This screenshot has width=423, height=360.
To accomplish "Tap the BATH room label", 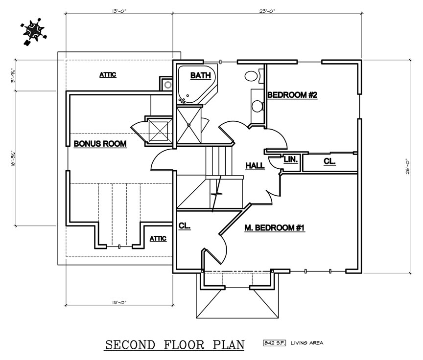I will (x=200, y=75).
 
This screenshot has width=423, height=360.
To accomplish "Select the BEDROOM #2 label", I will (x=292, y=95).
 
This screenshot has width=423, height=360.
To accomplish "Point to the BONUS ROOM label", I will (x=100, y=144).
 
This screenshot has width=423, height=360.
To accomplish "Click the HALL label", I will (x=255, y=166).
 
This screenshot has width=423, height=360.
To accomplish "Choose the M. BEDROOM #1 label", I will (x=274, y=227).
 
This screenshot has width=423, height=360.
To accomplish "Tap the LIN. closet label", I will (x=290, y=159).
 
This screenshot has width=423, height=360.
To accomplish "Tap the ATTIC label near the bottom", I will (x=158, y=238).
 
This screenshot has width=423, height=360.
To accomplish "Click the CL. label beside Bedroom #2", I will (x=329, y=161).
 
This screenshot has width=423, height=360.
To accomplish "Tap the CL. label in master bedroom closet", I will (x=184, y=226).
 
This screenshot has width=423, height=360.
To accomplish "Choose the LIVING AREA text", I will (x=306, y=343).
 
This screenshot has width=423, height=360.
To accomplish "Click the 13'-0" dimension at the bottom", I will (x=119, y=302).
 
